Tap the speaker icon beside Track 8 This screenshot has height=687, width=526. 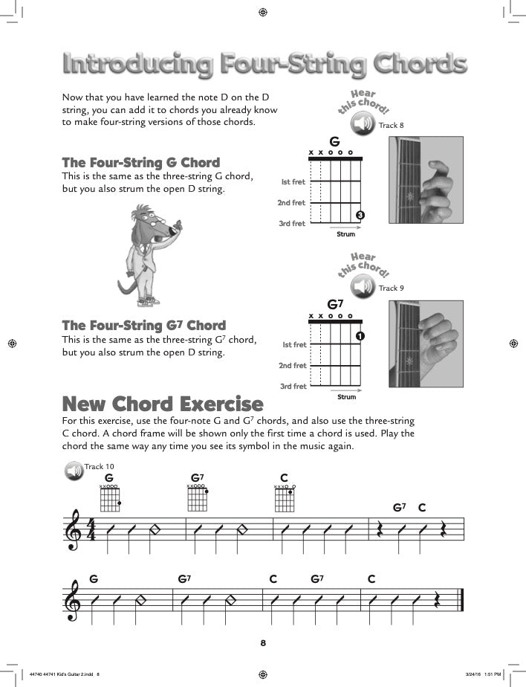point(366,125)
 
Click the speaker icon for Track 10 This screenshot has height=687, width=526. point(74,471)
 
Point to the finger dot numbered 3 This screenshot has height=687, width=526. point(360,216)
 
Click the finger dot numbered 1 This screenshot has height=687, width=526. point(360,337)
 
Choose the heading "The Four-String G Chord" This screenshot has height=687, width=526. point(140,163)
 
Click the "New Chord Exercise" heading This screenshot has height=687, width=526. point(163,404)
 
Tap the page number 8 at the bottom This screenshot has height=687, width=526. point(263,642)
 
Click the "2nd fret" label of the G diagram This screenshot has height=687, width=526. point(292,202)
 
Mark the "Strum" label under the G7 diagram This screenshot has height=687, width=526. point(346,397)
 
